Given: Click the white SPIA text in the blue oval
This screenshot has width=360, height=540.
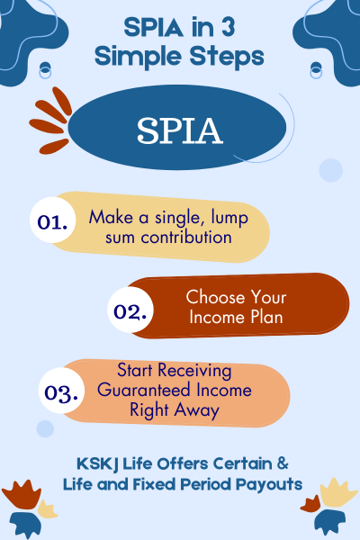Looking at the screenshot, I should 179,131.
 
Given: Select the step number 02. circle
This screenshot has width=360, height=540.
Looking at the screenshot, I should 132,311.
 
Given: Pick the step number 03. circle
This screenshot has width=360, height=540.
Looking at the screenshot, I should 63,392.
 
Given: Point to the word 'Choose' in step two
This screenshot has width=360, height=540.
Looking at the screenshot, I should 209,296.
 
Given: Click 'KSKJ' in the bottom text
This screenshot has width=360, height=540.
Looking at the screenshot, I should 97,464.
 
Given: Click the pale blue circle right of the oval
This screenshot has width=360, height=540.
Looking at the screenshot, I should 330,170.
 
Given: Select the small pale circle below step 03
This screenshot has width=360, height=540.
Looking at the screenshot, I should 45,428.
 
